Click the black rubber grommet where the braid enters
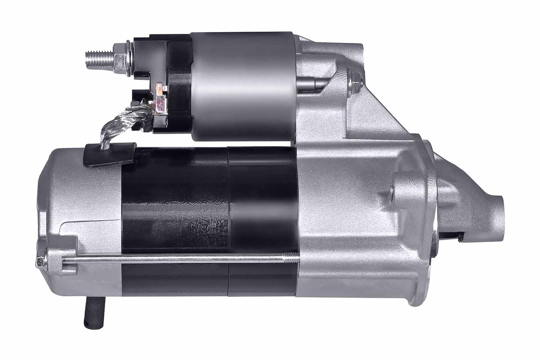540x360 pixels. click(x=108, y=154)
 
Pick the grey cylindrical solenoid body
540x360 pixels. click(x=243, y=86)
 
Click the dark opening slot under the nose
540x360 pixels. click(x=450, y=236)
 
